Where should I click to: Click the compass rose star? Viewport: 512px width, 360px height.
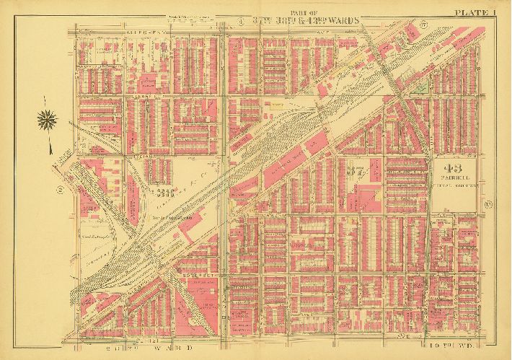click(48, 120)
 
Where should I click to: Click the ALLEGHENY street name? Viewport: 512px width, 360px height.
click(99, 32)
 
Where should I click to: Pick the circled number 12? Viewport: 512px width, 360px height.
click(488, 209)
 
